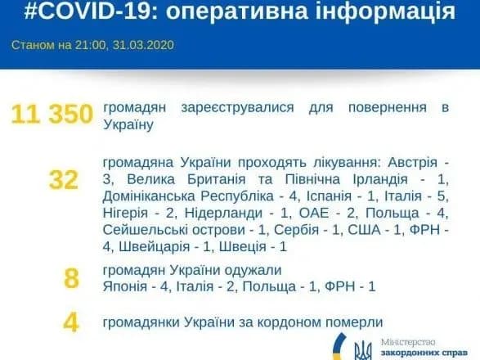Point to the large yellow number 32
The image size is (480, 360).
[63, 179]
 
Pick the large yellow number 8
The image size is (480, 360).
[71, 278]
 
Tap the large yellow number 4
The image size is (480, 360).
[71, 322]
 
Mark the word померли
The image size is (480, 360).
[349, 322]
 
